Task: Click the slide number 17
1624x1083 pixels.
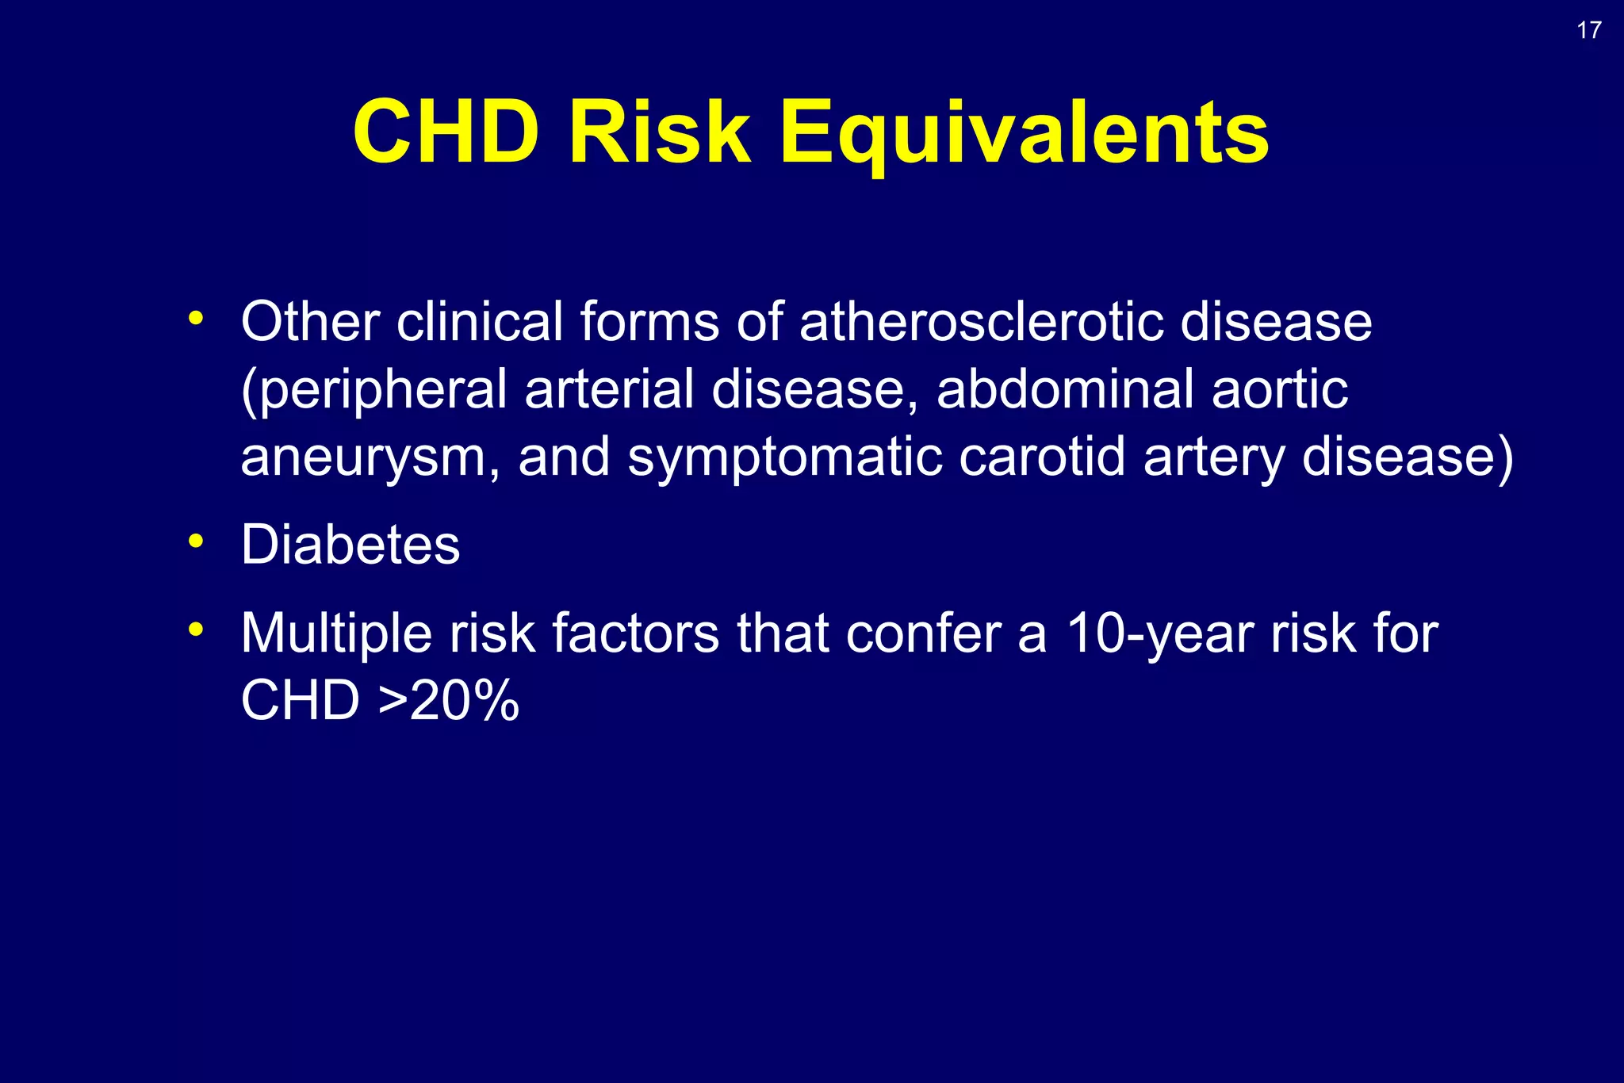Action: pyautogui.click(x=1588, y=31)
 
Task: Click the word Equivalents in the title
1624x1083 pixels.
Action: pyautogui.click(x=1025, y=133)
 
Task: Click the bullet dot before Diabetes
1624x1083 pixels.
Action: pyautogui.click(x=196, y=542)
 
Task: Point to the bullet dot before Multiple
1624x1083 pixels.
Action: pyautogui.click(x=196, y=630)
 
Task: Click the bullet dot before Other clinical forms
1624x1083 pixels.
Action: pyautogui.click(x=196, y=319)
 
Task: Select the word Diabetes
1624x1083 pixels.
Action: pyautogui.click(x=350, y=545)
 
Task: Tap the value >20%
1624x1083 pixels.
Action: pyautogui.click(x=449, y=702)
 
